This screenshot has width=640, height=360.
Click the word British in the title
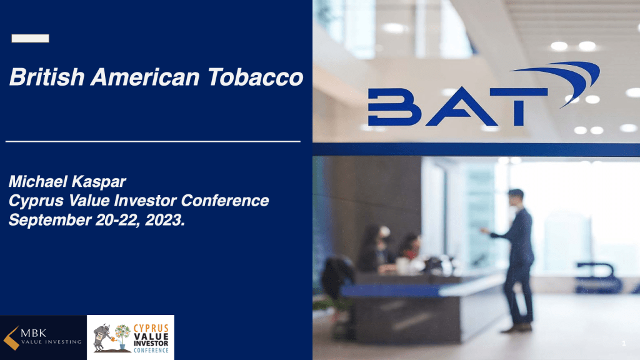point(47,77)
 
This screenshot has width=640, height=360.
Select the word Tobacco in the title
point(256,77)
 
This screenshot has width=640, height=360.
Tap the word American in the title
point(145,77)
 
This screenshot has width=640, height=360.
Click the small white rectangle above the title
point(30,38)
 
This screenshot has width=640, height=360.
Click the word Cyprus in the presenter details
point(36,201)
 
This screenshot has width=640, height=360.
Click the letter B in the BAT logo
point(394,106)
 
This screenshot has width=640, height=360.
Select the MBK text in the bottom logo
point(34,333)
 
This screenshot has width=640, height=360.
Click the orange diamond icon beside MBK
point(11,338)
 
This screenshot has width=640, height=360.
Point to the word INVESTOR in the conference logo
point(151,344)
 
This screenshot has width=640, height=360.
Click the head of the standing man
point(516,198)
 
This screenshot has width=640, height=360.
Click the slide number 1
point(624,343)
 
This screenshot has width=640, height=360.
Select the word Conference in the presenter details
point(225,201)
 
